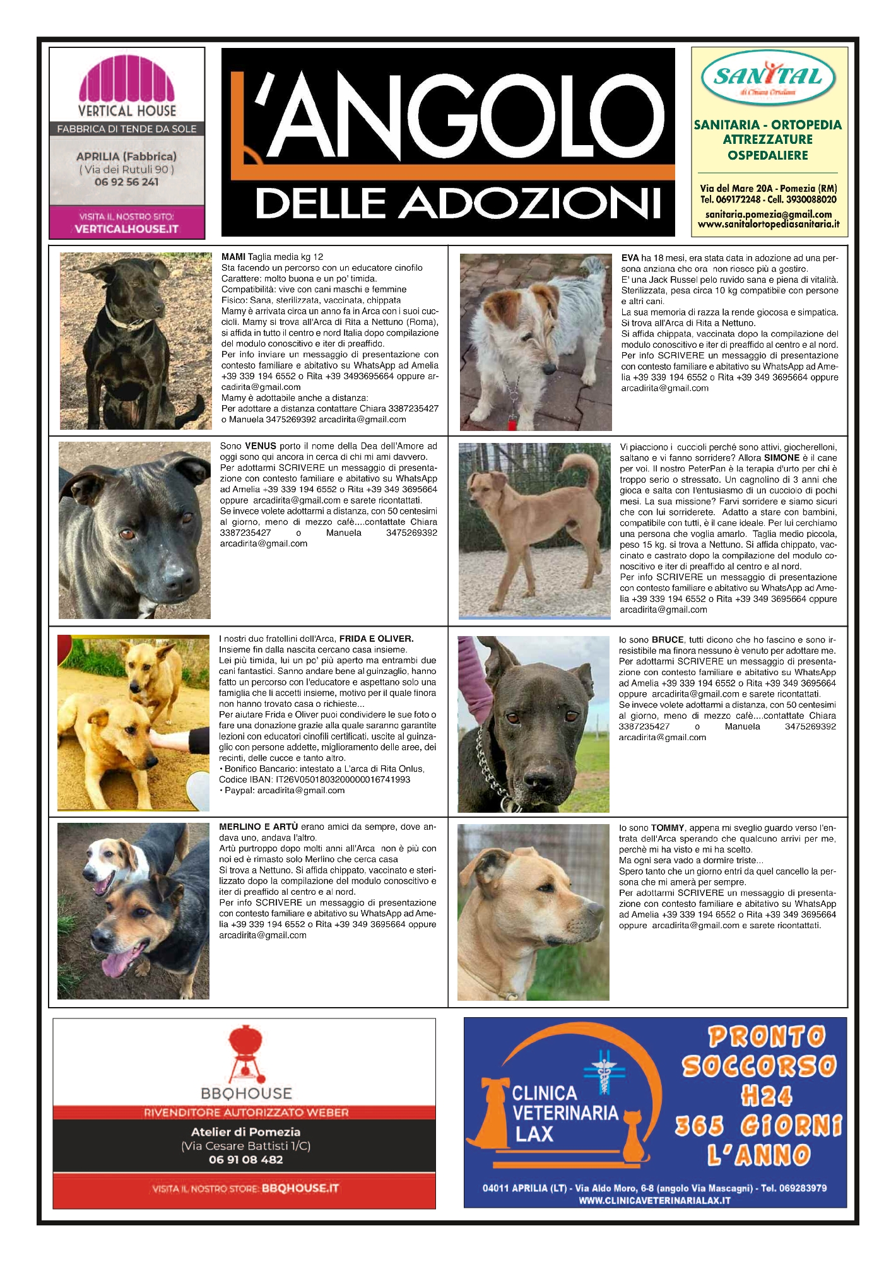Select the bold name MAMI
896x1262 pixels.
(x=233, y=257)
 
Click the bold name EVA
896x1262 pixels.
(x=630, y=258)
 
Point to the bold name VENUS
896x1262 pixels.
(x=260, y=446)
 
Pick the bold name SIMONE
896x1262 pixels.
(x=782, y=458)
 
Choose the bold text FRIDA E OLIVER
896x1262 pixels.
(x=376, y=639)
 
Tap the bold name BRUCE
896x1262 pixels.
(x=668, y=640)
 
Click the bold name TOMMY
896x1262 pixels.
(x=668, y=828)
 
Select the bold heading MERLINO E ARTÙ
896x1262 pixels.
(x=258, y=827)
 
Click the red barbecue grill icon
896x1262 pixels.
(x=245, y=1051)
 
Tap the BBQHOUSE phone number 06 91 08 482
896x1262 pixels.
(x=245, y=1159)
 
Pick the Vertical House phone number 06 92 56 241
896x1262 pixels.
(x=126, y=182)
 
